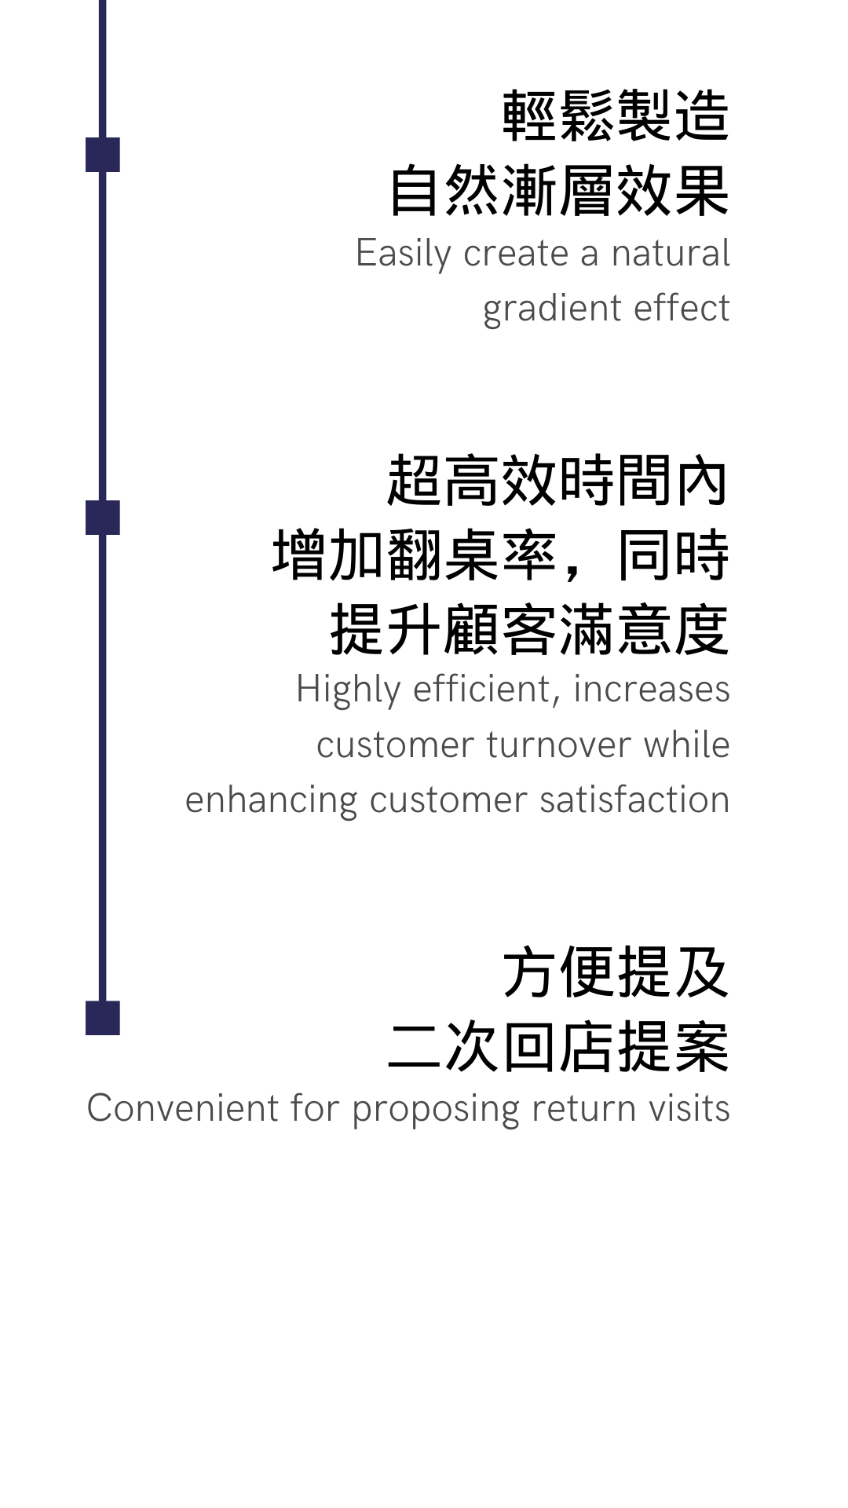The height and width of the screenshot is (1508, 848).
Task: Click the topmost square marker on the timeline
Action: point(103,155)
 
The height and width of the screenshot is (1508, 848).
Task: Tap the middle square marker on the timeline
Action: point(103,518)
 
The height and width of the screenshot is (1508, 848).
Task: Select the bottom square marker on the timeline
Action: point(103,1018)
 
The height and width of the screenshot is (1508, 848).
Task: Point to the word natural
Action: point(671,253)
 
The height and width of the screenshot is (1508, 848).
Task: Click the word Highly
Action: point(349,690)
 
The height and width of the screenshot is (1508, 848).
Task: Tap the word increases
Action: point(652,689)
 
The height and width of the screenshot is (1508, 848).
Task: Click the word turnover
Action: point(559,745)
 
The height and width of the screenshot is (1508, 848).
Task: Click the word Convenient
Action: point(183,1108)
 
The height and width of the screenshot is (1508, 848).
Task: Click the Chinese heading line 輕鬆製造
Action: point(616,116)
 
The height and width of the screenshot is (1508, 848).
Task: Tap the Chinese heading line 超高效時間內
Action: point(557,481)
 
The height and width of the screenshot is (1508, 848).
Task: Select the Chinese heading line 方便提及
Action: point(616,972)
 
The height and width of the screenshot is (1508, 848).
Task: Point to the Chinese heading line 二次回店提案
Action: point(558,1047)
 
